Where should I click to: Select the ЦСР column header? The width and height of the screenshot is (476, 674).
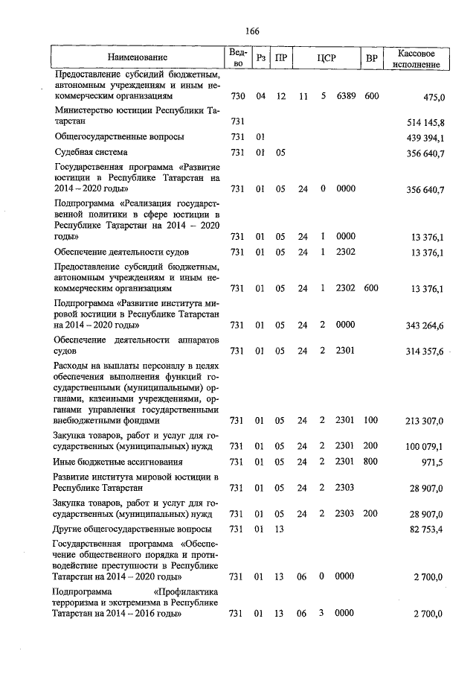tap(325, 57)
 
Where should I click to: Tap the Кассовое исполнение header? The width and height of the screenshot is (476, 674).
tap(417, 58)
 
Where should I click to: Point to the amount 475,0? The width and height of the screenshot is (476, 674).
tap(433, 97)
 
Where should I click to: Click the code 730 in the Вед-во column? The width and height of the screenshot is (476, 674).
tap(238, 97)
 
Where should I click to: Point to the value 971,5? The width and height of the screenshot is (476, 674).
tap(432, 462)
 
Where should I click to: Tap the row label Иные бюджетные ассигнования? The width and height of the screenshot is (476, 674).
tap(119, 462)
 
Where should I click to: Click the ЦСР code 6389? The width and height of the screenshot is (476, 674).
tap(346, 97)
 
